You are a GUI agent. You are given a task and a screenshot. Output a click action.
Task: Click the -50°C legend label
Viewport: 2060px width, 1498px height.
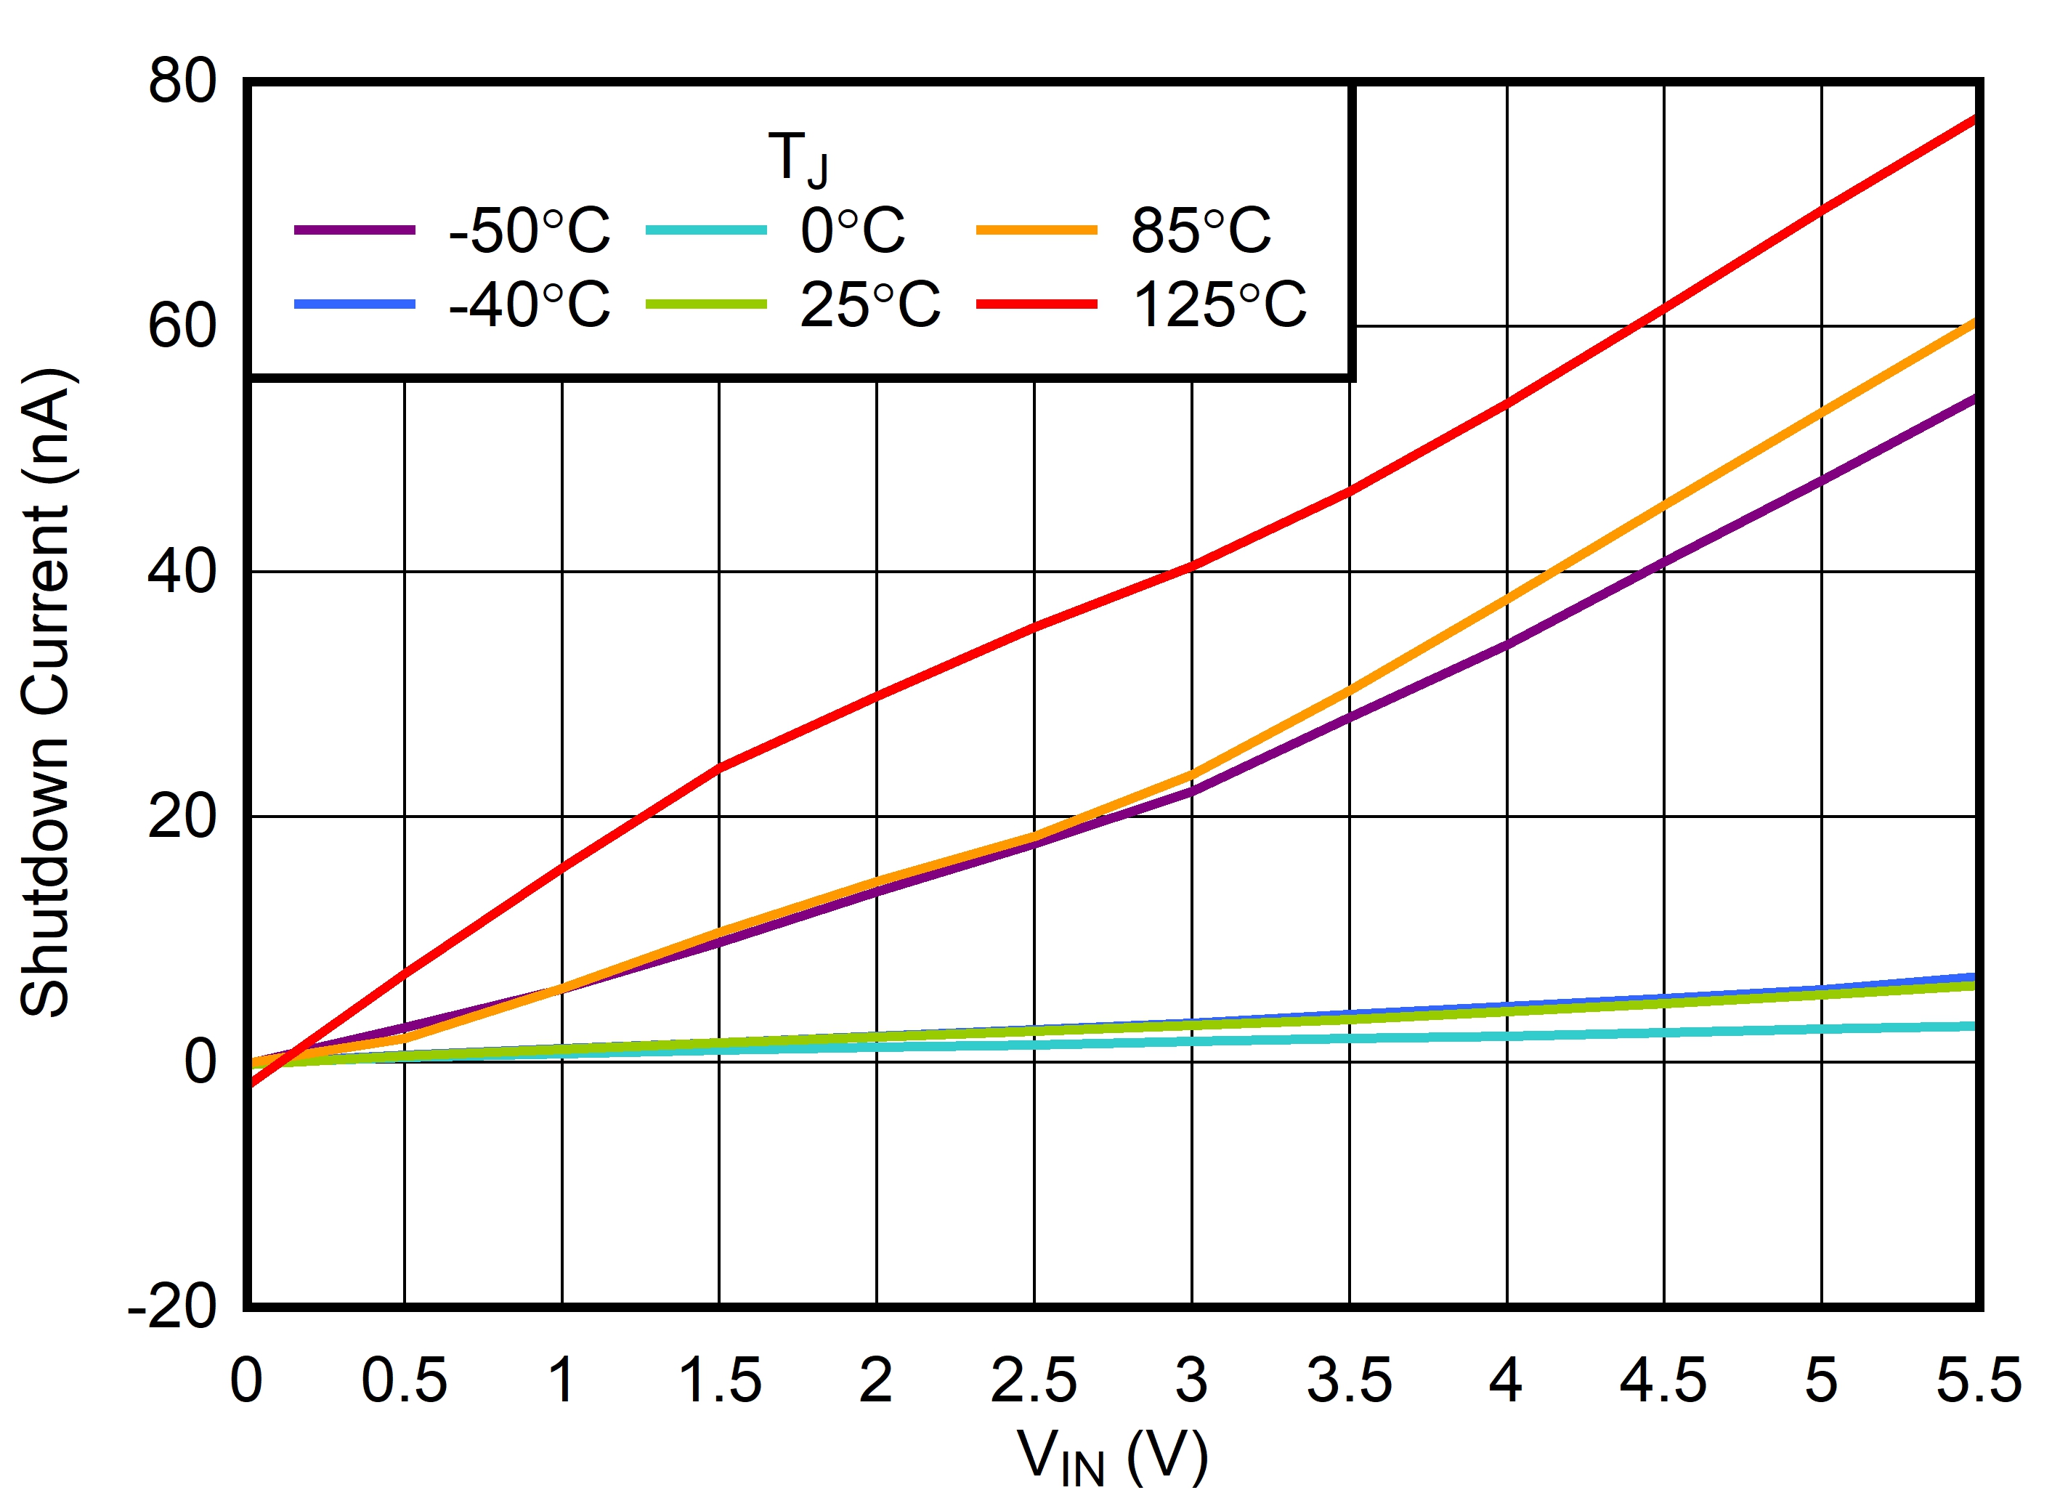[x=530, y=231]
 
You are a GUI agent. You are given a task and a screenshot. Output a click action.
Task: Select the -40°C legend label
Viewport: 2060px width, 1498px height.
[x=530, y=304]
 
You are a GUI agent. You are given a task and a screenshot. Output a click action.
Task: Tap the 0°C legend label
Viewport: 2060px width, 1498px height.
[x=853, y=231]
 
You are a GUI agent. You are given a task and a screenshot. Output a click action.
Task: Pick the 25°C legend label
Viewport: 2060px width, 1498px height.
[x=870, y=304]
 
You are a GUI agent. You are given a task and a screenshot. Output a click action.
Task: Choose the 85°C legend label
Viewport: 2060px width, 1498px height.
[x=1201, y=231]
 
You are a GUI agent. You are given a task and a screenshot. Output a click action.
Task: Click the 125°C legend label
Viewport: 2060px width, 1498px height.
[x=1219, y=304]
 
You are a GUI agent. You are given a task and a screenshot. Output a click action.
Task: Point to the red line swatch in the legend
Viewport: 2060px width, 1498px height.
[x=1037, y=304]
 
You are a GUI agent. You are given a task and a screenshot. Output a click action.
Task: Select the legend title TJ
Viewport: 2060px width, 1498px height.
[x=798, y=159]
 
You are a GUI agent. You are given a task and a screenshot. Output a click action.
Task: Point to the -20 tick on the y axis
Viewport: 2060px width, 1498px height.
[x=173, y=1308]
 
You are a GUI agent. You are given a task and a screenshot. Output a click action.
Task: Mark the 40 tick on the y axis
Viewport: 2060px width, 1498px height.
[x=182, y=572]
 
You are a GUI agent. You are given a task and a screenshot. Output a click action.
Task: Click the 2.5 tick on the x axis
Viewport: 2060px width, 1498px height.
[x=1034, y=1381]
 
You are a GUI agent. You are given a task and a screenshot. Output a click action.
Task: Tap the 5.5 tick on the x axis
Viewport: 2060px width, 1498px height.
[x=1978, y=1381]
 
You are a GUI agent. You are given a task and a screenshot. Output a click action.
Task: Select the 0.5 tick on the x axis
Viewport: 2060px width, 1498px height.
[x=404, y=1381]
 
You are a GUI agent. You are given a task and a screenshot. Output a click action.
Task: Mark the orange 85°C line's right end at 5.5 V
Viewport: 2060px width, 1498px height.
[x=1973, y=323]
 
